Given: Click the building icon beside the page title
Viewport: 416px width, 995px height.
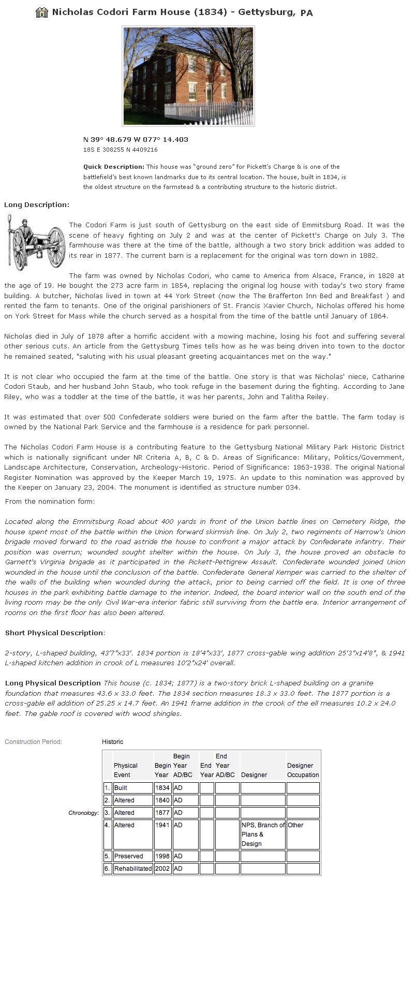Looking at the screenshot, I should (x=41, y=12).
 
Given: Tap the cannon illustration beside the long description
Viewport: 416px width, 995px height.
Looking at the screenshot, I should (x=35, y=242).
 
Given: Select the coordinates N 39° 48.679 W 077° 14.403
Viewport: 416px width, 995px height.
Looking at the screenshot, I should (x=136, y=139).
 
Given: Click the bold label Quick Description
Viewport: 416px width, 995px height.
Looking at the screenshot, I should (x=114, y=167).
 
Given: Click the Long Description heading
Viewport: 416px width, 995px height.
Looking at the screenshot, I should (x=37, y=204).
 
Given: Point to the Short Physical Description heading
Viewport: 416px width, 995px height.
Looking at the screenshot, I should (x=54, y=633).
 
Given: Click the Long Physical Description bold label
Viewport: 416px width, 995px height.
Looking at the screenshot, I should (x=53, y=683).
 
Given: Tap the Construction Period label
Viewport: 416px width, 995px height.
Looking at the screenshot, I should (x=33, y=742).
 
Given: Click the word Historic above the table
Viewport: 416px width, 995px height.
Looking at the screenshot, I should (x=112, y=742).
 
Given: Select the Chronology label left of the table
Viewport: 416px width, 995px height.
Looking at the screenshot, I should (x=83, y=813).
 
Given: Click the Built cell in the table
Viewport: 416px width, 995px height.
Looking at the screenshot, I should (x=132, y=788).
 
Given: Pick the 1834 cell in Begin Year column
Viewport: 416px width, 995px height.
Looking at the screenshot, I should (x=162, y=788).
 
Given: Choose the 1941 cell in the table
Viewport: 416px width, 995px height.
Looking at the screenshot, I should (x=162, y=825).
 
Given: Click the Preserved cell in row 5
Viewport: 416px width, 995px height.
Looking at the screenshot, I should (x=132, y=856).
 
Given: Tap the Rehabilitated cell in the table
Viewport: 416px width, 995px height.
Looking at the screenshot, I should (x=133, y=869).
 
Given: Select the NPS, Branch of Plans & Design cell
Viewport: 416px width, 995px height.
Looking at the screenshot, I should (x=262, y=834).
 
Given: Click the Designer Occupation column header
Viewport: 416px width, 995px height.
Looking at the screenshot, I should (x=303, y=770).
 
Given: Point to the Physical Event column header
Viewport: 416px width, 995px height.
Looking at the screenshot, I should (x=126, y=770).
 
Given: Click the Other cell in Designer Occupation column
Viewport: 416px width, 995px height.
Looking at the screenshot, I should (x=303, y=825).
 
